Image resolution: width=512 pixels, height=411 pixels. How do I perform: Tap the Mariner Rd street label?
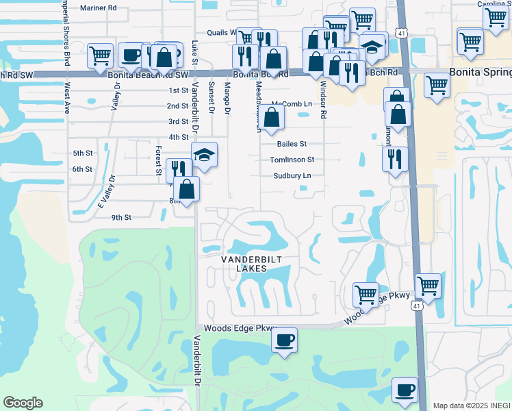tap(99, 8)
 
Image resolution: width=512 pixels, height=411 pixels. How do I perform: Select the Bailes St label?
tap(292, 145)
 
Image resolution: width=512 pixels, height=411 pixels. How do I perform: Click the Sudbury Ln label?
tap(292, 175)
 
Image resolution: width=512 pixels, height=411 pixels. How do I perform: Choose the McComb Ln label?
tap(287, 104)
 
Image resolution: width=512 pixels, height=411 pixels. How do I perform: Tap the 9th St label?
tap(121, 217)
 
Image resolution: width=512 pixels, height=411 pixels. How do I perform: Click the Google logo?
tap(23, 403)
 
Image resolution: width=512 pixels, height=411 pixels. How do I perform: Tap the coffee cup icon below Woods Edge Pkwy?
tap(285, 338)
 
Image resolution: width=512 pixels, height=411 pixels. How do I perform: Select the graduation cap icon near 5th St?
tap(204, 154)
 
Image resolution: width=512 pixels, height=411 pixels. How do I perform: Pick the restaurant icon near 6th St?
tap(179, 169)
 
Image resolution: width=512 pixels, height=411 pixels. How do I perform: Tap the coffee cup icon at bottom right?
tap(405, 390)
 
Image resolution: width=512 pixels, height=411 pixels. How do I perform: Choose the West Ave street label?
tap(67, 98)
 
